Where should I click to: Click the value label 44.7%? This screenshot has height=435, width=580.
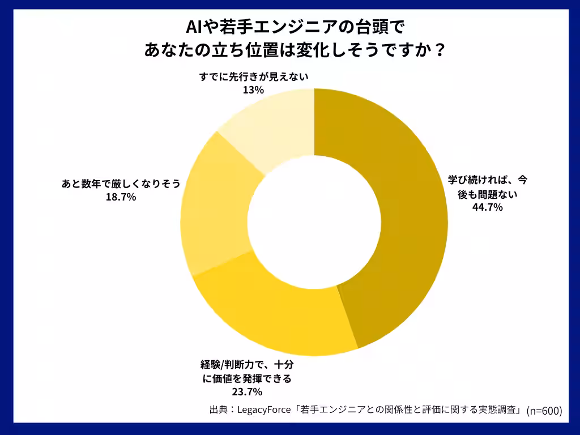point(488,207)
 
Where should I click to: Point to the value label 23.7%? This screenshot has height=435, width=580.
point(247,391)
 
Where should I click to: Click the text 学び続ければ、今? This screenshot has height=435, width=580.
point(488,180)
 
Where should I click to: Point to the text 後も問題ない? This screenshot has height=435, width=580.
point(488,194)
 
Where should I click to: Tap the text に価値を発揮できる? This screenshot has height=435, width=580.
point(247,378)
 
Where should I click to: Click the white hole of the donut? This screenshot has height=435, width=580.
point(314,221)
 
